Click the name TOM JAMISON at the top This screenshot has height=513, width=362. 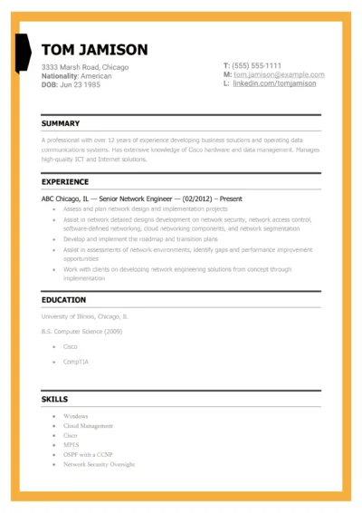[x=94, y=49]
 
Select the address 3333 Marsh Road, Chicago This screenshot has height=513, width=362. [x=85, y=67]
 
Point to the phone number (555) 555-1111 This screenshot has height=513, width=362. [x=257, y=65]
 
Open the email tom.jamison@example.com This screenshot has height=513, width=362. [x=279, y=74]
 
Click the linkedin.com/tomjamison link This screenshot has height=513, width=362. [x=274, y=83]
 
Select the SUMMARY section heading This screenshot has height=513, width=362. [x=61, y=123]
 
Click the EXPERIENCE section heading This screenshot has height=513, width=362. [x=65, y=181]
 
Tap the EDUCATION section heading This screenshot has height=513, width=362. [x=63, y=300]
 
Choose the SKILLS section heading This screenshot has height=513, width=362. [x=54, y=399]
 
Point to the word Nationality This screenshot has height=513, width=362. [x=62, y=76]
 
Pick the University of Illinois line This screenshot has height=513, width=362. [x=85, y=317]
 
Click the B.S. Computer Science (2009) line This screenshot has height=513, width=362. [x=81, y=332]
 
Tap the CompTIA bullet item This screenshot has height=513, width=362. [x=75, y=362]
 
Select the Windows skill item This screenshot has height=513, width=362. [x=76, y=416]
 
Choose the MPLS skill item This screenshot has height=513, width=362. [x=72, y=445]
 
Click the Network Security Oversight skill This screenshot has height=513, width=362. [x=99, y=464]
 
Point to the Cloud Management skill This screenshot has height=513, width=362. [x=88, y=426]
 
